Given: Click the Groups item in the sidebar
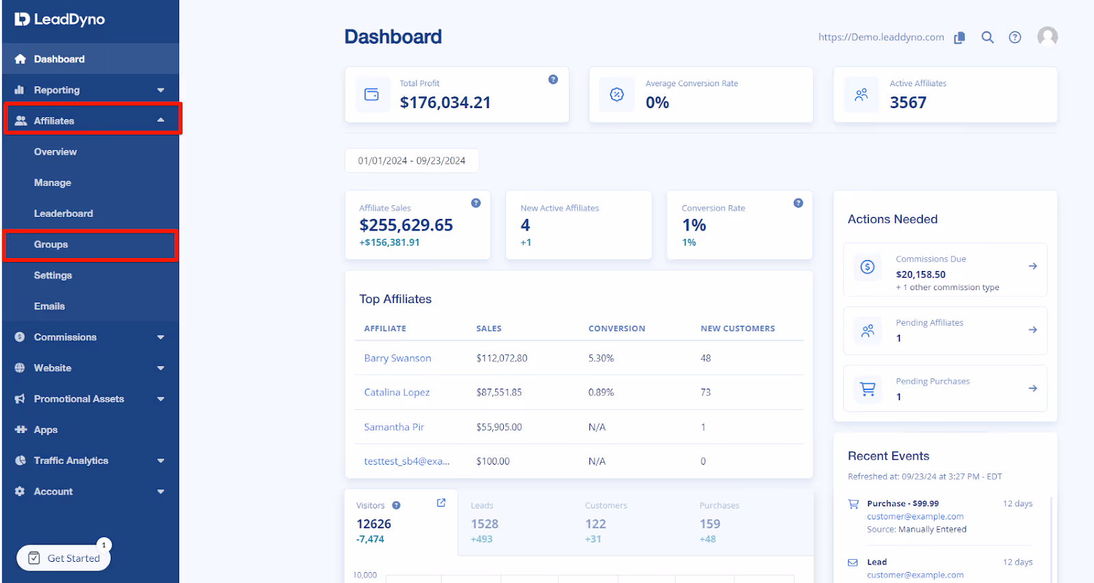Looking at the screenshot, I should [x=51, y=245].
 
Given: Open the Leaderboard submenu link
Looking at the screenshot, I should [x=64, y=213].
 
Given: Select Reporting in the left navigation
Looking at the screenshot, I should [x=57, y=90].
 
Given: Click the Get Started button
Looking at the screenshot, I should [x=64, y=558].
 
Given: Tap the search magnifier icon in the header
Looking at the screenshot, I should [x=987, y=38].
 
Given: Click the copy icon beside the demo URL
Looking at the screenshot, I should [x=960, y=38].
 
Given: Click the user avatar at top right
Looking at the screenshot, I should [x=1047, y=37].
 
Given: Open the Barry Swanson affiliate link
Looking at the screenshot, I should [x=397, y=359].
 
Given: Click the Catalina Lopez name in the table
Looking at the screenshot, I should [x=397, y=393].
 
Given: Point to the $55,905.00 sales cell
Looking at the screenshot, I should [x=499, y=427].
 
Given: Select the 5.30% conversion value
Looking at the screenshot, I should [x=601, y=359].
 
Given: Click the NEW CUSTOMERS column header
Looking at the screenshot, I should [x=737, y=328].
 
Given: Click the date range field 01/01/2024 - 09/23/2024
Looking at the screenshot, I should [x=412, y=161].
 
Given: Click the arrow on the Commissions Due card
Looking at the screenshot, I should [x=1032, y=266].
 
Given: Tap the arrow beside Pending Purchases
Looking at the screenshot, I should [x=1032, y=389].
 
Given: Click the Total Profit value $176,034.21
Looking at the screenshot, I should [x=445, y=103].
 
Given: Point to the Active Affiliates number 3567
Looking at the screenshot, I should [x=908, y=103].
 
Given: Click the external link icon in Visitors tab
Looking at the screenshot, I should [x=441, y=503].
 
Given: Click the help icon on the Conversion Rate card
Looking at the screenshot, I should [x=798, y=203].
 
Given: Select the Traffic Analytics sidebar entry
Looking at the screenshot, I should [x=71, y=461].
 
